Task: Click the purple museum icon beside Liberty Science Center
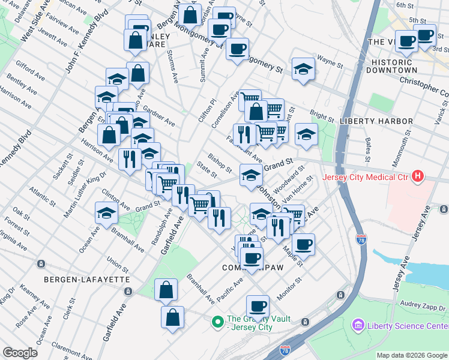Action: [x=359, y=325]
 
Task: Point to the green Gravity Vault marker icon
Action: [x=217, y=322]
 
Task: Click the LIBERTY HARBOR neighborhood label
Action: [x=376, y=121]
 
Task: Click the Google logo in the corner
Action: [x=20, y=353]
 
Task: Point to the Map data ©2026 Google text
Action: [x=411, y=355]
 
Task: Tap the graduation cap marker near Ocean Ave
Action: [x=106, y=213]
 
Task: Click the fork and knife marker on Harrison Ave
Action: [x=129, y=158]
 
